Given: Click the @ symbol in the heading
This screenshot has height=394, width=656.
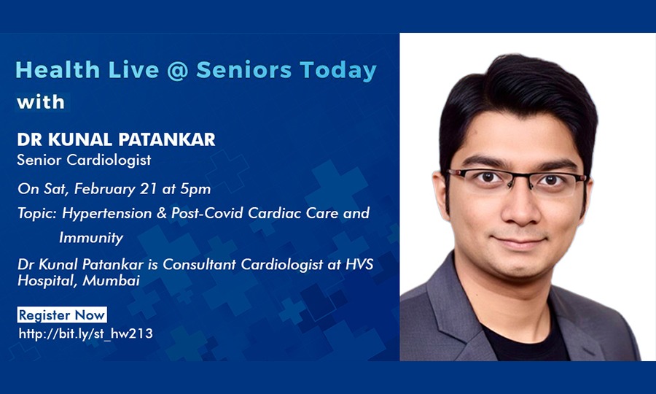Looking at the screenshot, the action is [177, 70].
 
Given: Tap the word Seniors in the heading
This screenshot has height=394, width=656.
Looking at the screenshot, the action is [244, 69].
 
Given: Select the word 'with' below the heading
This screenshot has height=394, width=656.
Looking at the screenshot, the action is [41, 102].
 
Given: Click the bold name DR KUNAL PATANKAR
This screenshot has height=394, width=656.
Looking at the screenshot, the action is [117, 139].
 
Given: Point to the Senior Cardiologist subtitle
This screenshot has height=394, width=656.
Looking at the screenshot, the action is [84, 160].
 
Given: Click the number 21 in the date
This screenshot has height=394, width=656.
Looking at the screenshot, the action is [148, 189].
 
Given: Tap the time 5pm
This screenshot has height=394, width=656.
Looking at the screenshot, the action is [195, 189].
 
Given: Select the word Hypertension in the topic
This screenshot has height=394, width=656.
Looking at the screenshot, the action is [106, 214].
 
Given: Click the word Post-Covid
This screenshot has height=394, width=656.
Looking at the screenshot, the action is [207, 213].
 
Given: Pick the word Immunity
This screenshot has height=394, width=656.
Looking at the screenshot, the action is [91, 238].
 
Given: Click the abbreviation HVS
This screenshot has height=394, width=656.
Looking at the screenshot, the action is [359, 265].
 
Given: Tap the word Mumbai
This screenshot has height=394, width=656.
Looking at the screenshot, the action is [111, 280].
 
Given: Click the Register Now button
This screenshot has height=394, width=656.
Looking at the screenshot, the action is [62, 315].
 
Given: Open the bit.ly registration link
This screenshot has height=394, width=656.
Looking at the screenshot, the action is [86, 333].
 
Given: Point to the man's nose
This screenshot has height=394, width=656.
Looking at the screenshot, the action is [521, 205].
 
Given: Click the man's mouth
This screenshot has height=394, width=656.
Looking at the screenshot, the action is [520, 242].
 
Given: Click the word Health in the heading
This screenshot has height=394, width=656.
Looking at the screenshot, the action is [58, 70].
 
